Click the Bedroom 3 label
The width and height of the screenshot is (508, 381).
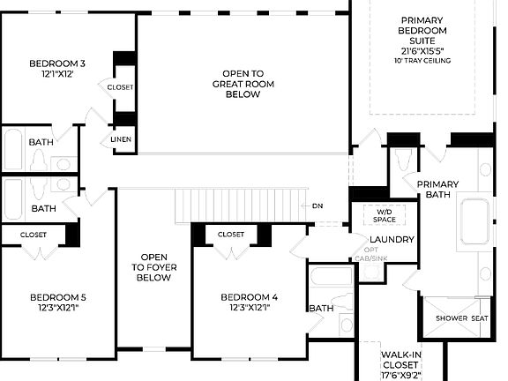tap(57, 63)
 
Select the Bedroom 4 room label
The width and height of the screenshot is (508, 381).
tap(250, 296)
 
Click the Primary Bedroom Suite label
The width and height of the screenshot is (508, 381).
tap(426, 35)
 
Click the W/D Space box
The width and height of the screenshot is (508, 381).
tap(385, 216)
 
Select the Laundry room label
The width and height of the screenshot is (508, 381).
tap(392, 239)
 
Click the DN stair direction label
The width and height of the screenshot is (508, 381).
tap(317, 206)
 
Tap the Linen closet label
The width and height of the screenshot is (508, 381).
tap(121, 139)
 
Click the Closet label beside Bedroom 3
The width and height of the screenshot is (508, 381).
tap(120, 87)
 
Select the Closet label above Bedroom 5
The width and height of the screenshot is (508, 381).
tap(34, 235)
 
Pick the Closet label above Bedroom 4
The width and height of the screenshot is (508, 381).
tap(231, 235)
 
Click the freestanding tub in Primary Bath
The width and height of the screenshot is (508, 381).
tap(477, 223)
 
